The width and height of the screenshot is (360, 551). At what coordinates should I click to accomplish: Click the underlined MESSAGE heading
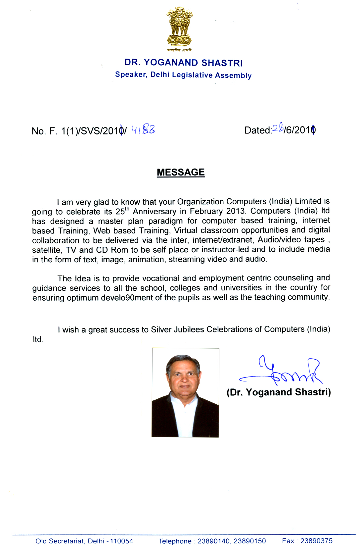(x=181, y=172)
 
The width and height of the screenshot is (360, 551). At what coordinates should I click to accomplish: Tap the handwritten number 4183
(x=143, y=129)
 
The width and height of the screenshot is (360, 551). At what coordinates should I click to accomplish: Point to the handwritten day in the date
(x=277, y=128)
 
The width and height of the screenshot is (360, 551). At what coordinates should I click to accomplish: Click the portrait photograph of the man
(x=185, y=392)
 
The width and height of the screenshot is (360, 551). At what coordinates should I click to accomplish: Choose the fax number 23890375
(x=316, y=541)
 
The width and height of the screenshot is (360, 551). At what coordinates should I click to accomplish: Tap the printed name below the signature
(x=279, y=392)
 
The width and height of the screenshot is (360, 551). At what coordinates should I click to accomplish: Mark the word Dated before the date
(x=257, y=130)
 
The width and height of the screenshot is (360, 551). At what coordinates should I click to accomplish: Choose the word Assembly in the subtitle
(x=233, y=75)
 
